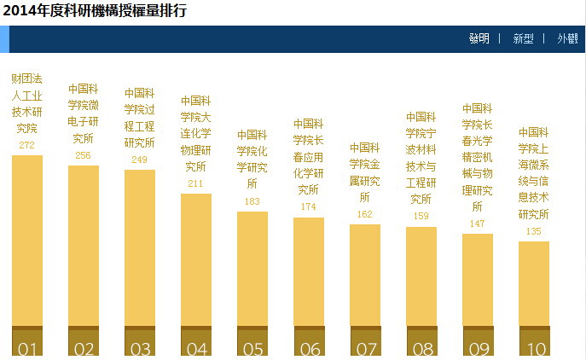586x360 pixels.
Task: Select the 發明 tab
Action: pyautogui.click(x=479, y=38)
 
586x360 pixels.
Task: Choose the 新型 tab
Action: pyautogui.click(x=523, y=38)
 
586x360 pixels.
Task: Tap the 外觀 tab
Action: pyautogui.click(x=567, y=38)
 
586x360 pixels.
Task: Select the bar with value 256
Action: pyautogui.click(x=84, y=246)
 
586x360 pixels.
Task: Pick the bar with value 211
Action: pyautogui.click(x=196, y=260)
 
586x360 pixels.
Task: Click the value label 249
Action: pyautogui.click(x=140, y=160)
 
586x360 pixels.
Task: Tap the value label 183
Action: pyautogui.click(x=252, y=202)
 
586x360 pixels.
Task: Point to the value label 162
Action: pyautogui.click(x=365, y=215)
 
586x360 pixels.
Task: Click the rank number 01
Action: pyautogui.click(x=27, y=348)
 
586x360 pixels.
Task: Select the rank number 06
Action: pyautogui.click(x=309, y=348)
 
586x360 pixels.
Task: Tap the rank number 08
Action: pyautogui.click(x=421, y=348)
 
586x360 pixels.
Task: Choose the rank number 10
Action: pyautogui.click(x=534, y=348)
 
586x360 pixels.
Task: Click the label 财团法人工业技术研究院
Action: pyautogui.click(x=27, y=104)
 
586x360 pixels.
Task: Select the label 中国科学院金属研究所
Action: pyautogui.click(x=365, y=172)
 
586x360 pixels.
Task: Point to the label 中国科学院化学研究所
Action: pyautogui.click(x=252, y=159)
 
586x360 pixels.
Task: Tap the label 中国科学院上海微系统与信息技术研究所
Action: pyautogui.click(x=534, y=173)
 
